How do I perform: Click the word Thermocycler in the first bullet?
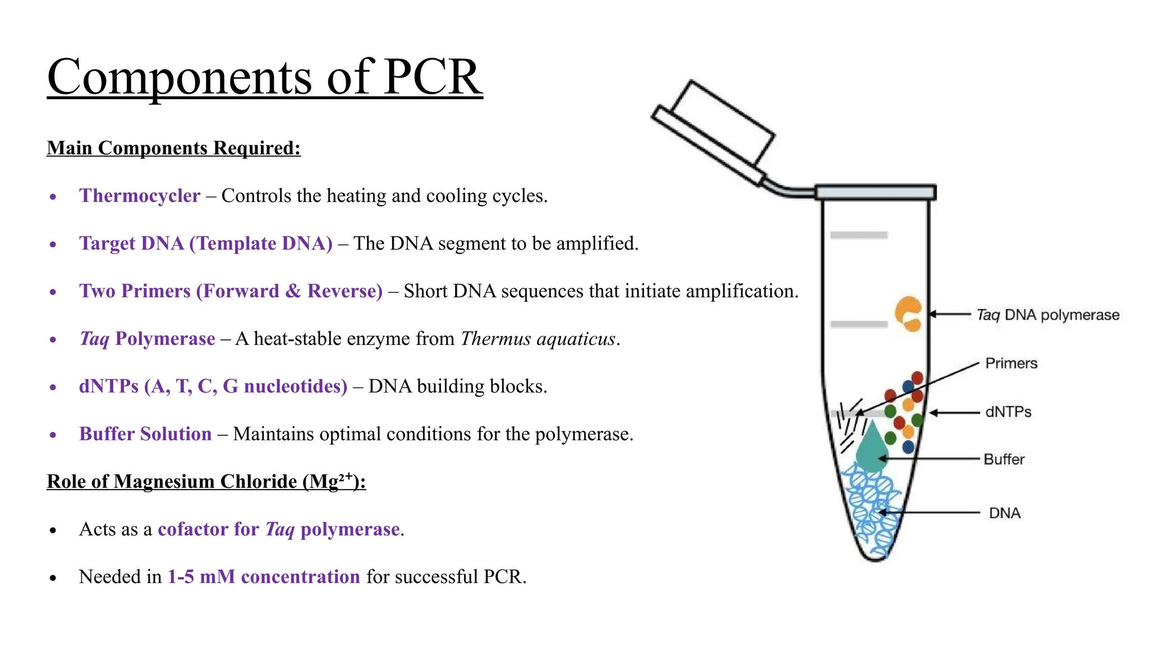pos(139,196)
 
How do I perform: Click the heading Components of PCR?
pos(264,77)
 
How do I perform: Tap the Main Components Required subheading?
pos(173,148)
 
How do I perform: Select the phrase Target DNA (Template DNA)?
pos(205,243)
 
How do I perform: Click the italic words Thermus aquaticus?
pos(538,339)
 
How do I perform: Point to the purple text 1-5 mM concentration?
pos(264,577)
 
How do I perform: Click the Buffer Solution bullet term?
pos(145,434)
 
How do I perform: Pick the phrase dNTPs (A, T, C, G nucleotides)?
pos(213,386)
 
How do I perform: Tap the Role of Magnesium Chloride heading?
pos(206,482)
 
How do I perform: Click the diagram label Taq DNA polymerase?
pos(1047,315)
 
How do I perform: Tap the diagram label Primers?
pos(1011,363)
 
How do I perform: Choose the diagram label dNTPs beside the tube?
pos(1008,412)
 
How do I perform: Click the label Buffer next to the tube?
pos(1004,459)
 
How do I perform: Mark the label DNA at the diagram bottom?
pos(1004,513)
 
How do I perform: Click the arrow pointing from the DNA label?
pos(931,513)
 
